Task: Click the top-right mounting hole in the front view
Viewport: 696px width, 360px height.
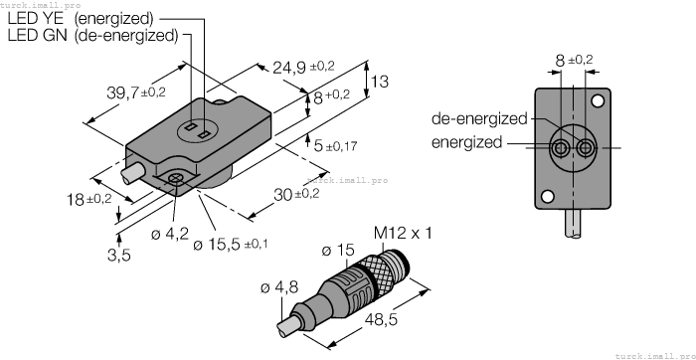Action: click(599, 100)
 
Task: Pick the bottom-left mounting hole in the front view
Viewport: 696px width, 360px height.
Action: click(545, 196)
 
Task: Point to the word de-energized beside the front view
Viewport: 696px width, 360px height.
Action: click(479, 118)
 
